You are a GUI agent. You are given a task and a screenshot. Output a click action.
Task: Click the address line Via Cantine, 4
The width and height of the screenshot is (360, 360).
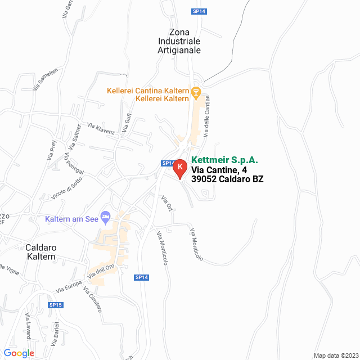point(219,170)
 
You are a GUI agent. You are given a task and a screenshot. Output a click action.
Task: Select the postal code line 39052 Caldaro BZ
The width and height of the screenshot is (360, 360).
point(227,179)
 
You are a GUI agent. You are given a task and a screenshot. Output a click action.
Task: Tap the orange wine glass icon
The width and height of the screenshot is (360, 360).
point(196,91)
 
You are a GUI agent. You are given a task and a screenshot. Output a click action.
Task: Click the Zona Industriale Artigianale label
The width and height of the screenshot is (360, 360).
point(179,41)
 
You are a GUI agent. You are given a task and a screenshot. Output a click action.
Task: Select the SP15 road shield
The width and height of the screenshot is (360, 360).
point(56,305)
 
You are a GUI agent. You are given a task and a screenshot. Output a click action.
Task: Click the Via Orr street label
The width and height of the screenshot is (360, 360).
point(166,203)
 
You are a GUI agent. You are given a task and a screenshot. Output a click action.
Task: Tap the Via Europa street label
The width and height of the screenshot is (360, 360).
point(69,287)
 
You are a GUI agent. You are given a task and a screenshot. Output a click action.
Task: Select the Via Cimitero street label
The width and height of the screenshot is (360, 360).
point(92,299)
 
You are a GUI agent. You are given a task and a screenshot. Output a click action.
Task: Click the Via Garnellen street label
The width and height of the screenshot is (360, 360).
point(46,80)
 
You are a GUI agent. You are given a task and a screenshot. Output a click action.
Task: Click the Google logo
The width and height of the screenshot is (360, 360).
point(19,353)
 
